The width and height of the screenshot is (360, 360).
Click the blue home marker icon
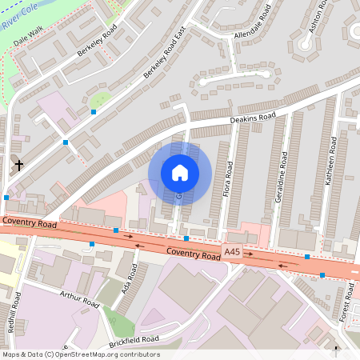pyautogui.click(x=180, y=173)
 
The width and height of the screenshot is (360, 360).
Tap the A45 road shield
pyautogui.click(x=231, y=252)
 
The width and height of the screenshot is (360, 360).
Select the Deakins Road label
pyautogui.click(x=253, y=118)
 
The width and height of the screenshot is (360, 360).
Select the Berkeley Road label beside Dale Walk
pyautogui.click(x=97, y=42)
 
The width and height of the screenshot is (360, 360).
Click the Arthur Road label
pyautogui.click(x=78, y=299)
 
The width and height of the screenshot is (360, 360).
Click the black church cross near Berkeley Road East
pyautogui.click(x=18, y=166)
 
